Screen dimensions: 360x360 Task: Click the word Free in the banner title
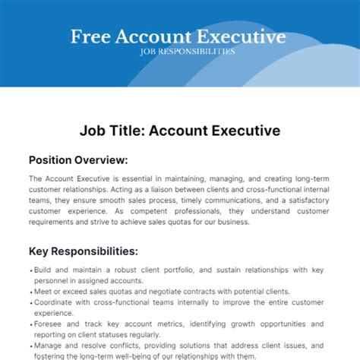click(89, 36)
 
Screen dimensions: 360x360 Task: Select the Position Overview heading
click(77, 160)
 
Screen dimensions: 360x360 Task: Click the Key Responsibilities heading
click(83, 251)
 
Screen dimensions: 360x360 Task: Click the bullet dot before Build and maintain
click(30, 270)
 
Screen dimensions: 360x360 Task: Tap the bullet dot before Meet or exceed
click(30, 290)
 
